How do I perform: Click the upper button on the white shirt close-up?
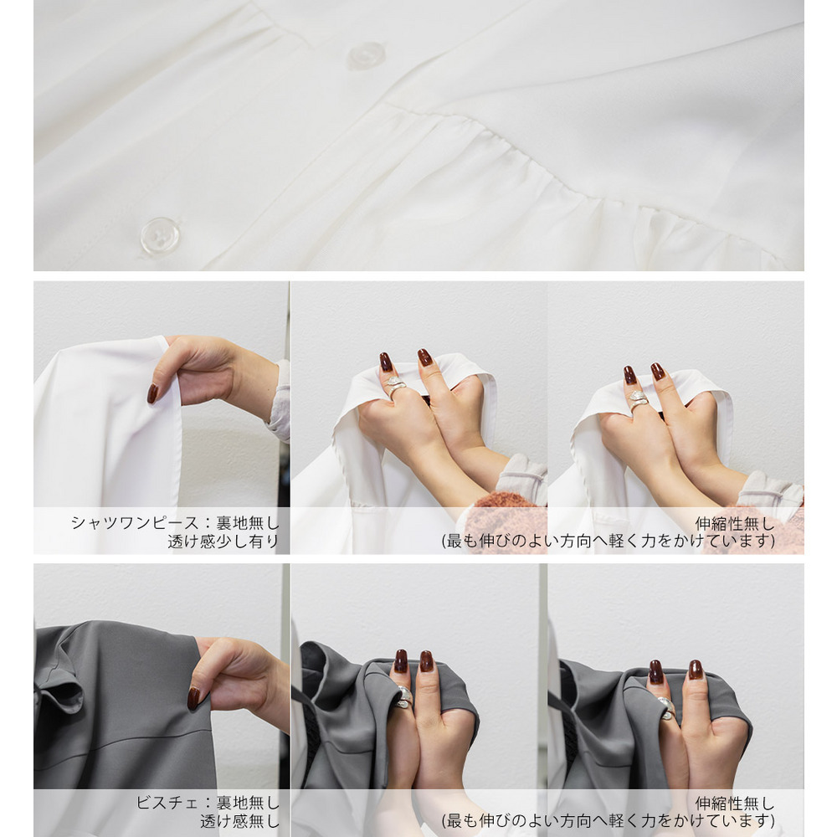tap(367, 55)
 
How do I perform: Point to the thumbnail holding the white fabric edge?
tap(152, 393)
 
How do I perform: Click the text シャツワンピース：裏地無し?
tap(175, 522)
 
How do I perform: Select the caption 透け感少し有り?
tap(223, 542)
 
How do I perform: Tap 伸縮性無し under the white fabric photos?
tap(735, 523)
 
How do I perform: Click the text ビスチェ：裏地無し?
tap(208, 803)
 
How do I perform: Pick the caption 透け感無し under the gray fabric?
tap(239, 821)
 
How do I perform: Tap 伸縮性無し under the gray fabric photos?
tap(735, 803)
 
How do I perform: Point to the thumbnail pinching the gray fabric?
tap(193, 698)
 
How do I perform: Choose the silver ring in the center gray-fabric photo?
tap(404, 696)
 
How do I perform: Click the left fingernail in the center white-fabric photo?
tap(386, 362)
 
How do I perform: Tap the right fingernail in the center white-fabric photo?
tap(425, 357)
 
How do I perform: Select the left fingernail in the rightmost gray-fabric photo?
tap(656, 671)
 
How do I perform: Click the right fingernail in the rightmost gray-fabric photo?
tap(695, 670)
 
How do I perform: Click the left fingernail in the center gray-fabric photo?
tap(400, 661)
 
